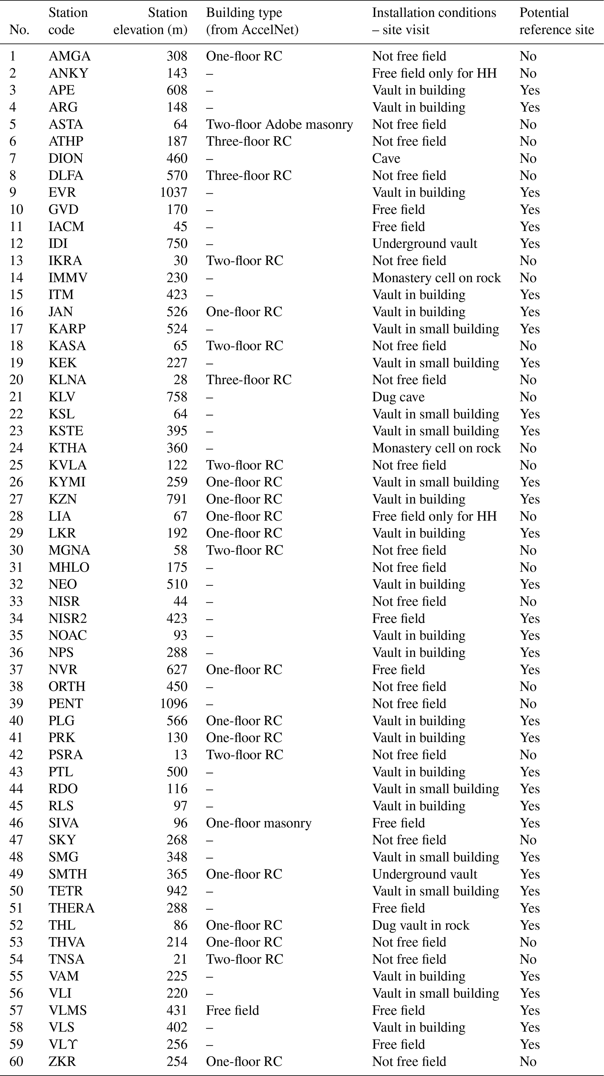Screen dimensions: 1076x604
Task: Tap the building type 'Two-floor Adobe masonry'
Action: [x=279, y=124]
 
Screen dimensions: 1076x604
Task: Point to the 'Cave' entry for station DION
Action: [x=386, y=158]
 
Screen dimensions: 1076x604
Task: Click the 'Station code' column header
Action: [x=68, y=21]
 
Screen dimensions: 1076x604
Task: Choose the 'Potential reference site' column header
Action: [x=556, y=21]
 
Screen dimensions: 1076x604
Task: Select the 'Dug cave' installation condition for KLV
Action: [x=398, y=397]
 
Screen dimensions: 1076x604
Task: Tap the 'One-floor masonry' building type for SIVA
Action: [x=259, y=823]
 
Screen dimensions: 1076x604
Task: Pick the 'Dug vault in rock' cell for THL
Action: [x=420, y=925]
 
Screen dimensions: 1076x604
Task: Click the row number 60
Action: [x=16, y=1061]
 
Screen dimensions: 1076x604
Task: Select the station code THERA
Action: [x=71, y=908]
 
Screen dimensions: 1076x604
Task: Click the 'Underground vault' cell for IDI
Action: [x=424, y=244]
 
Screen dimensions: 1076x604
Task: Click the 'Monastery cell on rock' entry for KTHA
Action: [x=436, y=448]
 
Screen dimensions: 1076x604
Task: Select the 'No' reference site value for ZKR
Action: [x=528, y=1061]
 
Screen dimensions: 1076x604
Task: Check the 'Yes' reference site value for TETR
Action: [x=530, y=891]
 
